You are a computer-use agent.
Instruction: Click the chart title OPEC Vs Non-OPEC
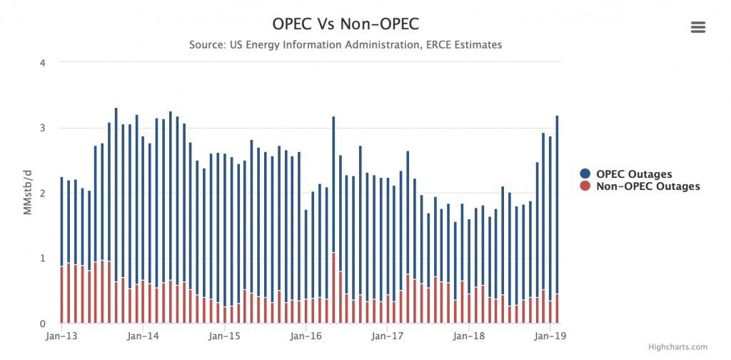click(x=346, y=23)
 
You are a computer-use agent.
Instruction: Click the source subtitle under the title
click(x=346, y=45)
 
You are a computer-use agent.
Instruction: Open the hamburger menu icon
click(x=698, y=27)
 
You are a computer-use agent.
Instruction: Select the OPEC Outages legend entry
click(x=634, y=174)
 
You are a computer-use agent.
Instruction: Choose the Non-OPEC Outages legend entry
click(x=647, y=186)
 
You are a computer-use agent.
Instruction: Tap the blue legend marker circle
click(x=585, y=174)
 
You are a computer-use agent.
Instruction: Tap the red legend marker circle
click(x=585, y=186)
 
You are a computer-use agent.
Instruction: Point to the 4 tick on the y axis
click(x=43, y=63)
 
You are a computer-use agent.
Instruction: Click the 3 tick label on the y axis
click(x=43, y=128)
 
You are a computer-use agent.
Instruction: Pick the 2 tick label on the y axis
click(x=43, y=193)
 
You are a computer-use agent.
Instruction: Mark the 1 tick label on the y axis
click(x=43, y=258)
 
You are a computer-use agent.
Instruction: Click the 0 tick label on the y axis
click(x=43, y=324)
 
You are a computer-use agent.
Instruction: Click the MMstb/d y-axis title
click(x=27, y=193)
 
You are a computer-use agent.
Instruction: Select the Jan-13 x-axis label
click(x=61, y=335)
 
